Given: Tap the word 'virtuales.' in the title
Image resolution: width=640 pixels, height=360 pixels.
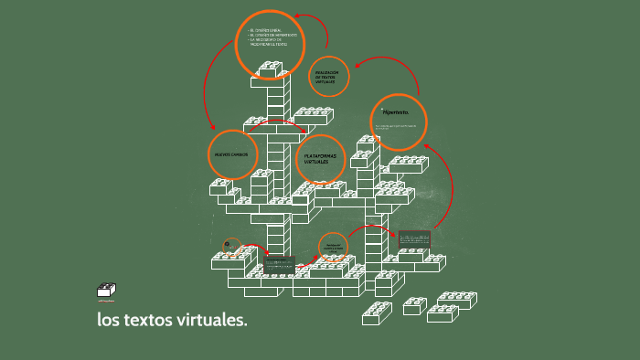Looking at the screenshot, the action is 213,321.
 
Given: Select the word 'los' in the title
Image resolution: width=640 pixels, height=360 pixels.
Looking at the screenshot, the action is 110,321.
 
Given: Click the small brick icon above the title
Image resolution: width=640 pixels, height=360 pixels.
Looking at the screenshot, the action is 106,291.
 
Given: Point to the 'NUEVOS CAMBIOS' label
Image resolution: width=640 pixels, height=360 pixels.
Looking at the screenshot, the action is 231,155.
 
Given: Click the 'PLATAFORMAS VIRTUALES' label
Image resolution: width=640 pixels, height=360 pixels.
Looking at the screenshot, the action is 320,159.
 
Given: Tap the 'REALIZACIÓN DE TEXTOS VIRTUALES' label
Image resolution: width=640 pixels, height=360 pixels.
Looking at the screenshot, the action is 327,77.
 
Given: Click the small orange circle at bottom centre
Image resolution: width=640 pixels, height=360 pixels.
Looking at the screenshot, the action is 333,247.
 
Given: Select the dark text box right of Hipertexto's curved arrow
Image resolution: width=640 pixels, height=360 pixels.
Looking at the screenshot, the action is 414,238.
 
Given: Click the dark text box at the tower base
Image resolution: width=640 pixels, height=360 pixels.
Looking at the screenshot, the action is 279,262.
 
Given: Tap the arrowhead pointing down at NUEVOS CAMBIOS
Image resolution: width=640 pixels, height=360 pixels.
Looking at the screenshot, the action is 213,127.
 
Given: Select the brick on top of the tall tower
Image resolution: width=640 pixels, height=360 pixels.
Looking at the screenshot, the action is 270,69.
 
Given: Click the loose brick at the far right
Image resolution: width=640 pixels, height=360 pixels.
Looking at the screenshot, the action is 454,300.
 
